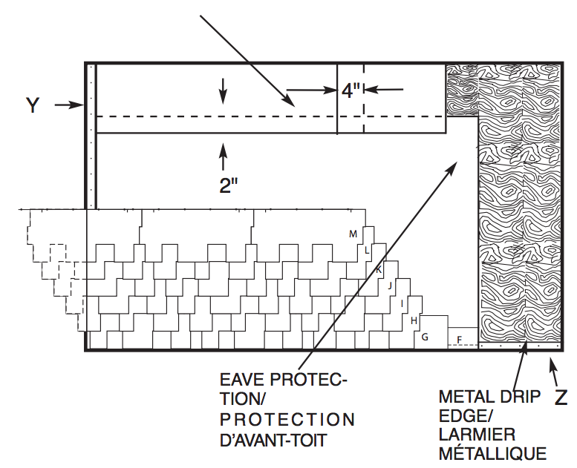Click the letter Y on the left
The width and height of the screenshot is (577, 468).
click(33, 105)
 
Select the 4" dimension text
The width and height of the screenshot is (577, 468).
click(351, 90)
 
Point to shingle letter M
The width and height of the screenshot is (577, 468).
click(353, 234)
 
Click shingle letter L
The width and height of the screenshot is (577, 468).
click(367, 251)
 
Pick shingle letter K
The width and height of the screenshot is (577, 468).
click(379, 269)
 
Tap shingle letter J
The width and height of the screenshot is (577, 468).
click(390, 285)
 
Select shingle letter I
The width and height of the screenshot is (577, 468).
click(402, 303)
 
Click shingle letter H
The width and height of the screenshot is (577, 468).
click(414, 320)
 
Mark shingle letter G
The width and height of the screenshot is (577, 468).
click(425, 337)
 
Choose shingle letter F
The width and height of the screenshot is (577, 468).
click(460, 340)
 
